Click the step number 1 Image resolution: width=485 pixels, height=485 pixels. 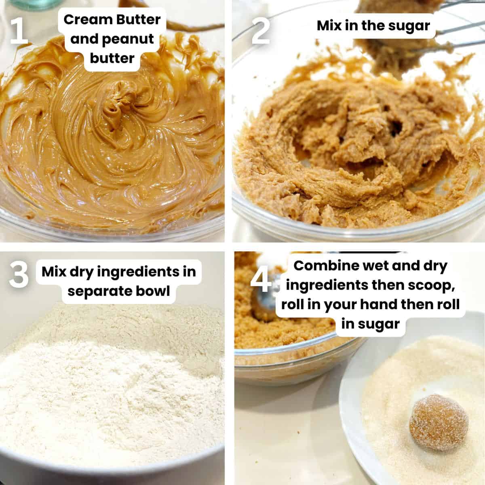click(x=19, y=29)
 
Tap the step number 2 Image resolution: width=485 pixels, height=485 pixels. click(x=261, y=29)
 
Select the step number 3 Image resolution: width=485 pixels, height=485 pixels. click(x=19, y=275)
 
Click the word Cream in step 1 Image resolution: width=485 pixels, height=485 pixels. click(x=84, y=19)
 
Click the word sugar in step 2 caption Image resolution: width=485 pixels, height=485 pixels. click(x=409, y=25)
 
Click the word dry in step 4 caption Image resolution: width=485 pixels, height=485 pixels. click(x=434, y=266)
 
